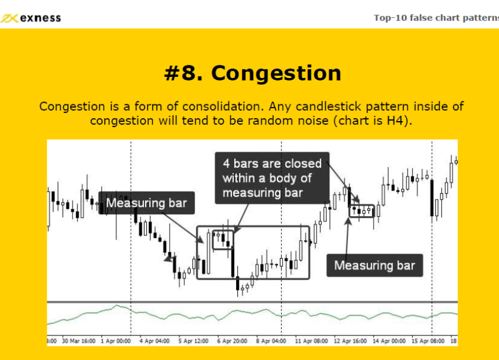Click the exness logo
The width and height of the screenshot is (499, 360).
click(x=31, y=18)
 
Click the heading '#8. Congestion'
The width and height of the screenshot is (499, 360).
click(x=252, y=73)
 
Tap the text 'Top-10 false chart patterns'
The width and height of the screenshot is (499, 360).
click(x=436, y=18)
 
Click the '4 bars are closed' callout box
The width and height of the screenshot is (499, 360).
click(x=272, y=178)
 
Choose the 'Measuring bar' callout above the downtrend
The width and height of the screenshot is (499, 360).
click(x=146, y=203)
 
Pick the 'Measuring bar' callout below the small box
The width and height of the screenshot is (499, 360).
click(x=375, y=265)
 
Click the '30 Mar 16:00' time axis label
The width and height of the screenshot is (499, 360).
click(x=79, y=341)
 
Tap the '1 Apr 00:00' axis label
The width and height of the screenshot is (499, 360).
click(x=115, y=341)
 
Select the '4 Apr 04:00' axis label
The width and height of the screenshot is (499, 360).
click(x=154, y=341)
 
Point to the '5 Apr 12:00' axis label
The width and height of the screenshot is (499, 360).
click(x=193, y=341)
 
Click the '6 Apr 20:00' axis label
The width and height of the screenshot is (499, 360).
click(x=232, y=341)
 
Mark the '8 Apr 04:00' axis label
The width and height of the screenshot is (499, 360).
click(x=271, y=341)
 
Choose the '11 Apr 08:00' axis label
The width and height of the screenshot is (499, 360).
click(x=311, y=341)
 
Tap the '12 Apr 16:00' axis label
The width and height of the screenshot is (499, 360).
click(x=350, y=341)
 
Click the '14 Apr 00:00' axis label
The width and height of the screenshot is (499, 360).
click(x=389, y=341)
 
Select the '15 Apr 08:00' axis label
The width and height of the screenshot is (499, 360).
click(x=428, y=341)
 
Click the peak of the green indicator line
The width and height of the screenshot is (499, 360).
click(x=117, y=305)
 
